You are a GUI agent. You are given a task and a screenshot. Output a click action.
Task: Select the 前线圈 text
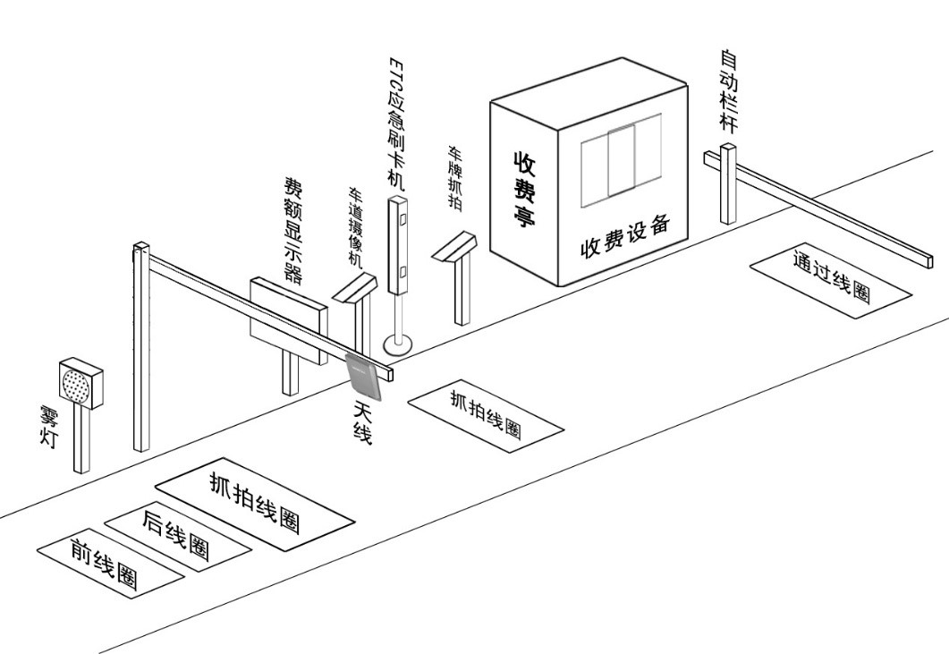(x=106, y=565)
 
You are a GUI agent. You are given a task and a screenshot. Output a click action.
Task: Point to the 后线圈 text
(x=176, y=534)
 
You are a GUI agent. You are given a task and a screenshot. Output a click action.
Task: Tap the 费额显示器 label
(x=292, y=228)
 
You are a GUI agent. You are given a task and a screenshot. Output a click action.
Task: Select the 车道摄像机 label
(x=355, y=227)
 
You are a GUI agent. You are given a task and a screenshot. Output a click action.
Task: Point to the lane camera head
(x=355, y=287)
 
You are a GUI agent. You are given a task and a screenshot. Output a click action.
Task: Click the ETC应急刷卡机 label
(x=396, y=123)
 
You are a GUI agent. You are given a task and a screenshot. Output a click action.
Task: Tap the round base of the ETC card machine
(x=398, y=342)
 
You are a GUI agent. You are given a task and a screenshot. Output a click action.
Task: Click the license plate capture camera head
(x=455, y=246)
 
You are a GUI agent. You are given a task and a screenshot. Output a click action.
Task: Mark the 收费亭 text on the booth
(x=523, y=188)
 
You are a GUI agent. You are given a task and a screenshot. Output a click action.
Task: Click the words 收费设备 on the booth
(x=624, y=234)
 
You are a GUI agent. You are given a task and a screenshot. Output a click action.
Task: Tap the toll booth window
(x=621, y=161)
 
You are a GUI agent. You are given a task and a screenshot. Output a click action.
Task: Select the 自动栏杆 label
(x=730, y=91)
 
